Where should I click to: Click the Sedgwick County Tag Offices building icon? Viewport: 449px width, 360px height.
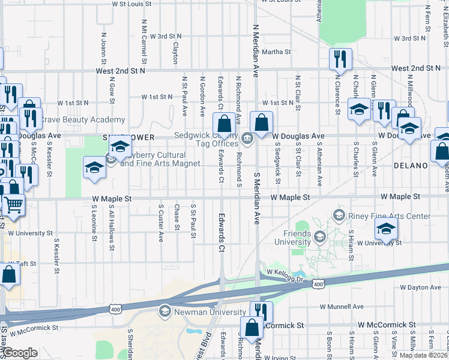[247, 140]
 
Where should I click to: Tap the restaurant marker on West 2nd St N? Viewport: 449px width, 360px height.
[340, 59]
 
